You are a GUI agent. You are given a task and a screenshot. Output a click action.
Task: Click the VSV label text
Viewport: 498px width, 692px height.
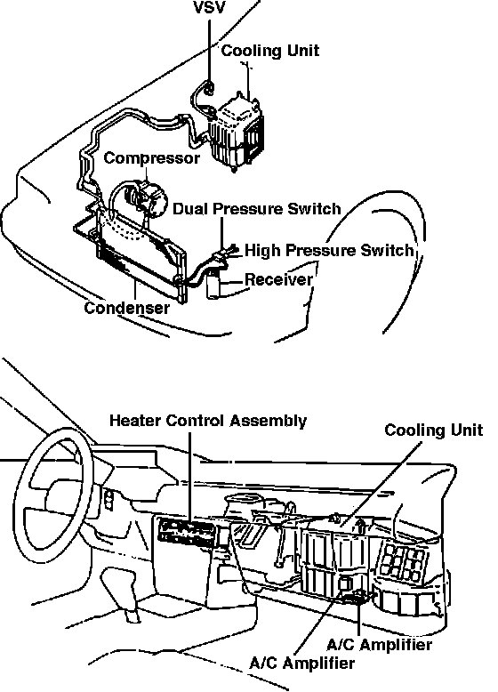[x=209, y=7]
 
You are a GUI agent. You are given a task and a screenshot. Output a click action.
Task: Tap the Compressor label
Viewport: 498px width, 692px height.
[x=152, y=158]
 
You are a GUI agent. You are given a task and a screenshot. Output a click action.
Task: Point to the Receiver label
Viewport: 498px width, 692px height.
[x=278, y=279]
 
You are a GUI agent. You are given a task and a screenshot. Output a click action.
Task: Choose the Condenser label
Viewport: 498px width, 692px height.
[x=126, y=308]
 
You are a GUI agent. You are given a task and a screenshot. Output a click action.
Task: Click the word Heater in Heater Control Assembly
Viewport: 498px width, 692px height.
[x=135, y=420]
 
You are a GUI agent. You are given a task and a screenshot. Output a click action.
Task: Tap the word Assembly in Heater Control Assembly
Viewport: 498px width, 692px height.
[x=269, y=421]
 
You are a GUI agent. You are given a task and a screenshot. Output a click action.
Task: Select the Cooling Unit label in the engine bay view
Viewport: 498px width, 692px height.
[x=270, y=51]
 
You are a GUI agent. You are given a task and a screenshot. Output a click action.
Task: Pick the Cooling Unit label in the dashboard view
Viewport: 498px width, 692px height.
[x=434, y=430]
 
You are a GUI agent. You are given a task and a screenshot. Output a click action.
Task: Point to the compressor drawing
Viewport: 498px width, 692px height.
[x=146, y=198]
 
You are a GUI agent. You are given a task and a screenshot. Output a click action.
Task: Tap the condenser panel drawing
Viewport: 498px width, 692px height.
[x=141, y=255]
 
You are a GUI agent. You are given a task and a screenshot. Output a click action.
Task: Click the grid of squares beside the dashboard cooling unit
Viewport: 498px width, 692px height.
[x=402, y=562]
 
